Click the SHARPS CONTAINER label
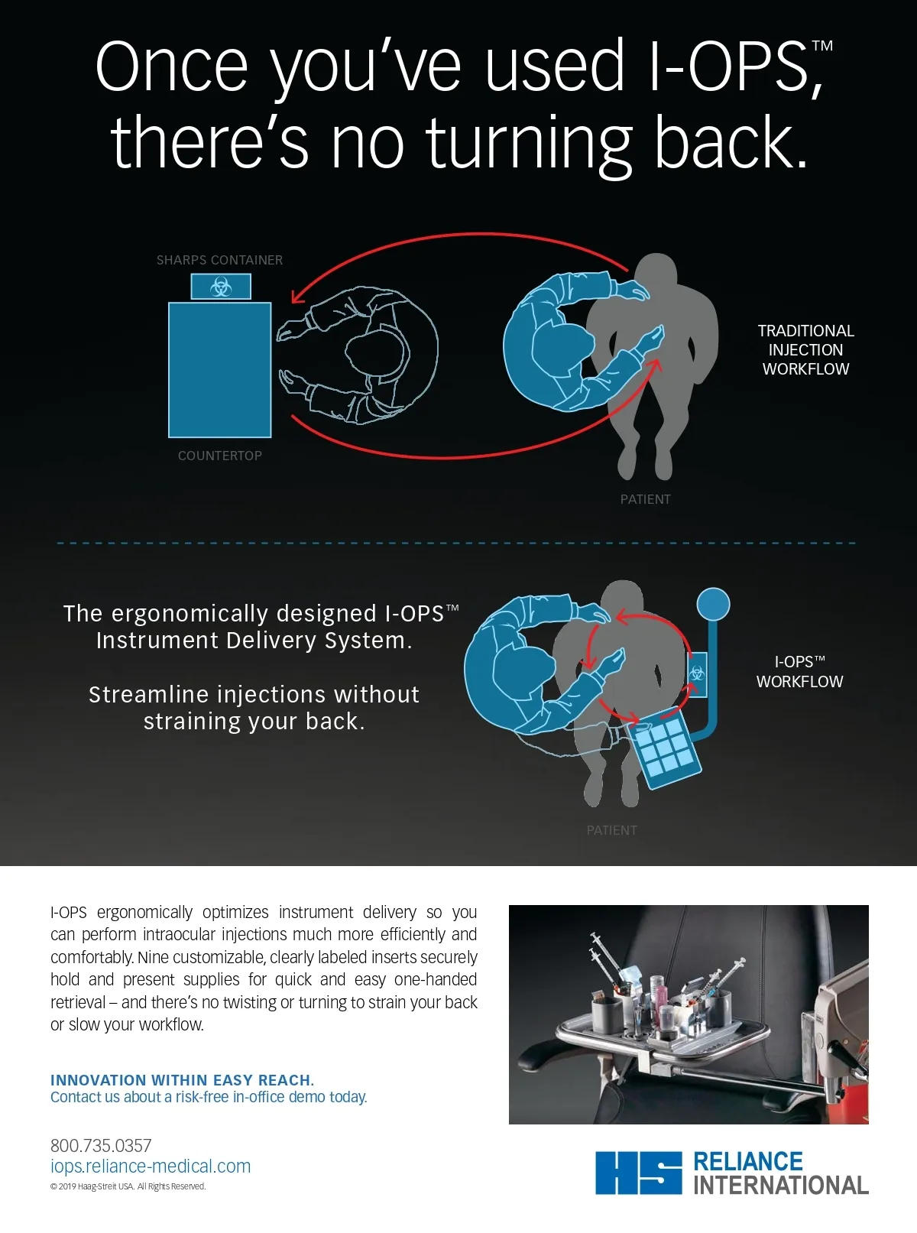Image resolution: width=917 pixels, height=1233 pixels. point(219,260)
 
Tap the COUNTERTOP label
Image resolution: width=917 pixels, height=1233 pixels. point(219,456)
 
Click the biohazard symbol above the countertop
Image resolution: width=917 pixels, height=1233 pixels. point(221,287)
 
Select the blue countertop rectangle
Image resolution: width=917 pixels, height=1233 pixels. point(219,370)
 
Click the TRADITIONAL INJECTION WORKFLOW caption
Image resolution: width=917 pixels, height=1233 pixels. point(806,349)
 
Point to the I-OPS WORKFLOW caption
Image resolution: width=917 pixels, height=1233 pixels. point(800,671)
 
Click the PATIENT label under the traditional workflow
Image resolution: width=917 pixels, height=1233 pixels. point(645,499)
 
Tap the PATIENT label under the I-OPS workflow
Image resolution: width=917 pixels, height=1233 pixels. point(612,830)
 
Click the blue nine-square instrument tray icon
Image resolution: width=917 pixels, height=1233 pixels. point(665,747)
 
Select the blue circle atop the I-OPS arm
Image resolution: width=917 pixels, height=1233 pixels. point(713,605)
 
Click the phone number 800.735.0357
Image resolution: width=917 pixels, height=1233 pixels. point(101,1145)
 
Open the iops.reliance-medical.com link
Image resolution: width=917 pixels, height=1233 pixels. point(151,1166)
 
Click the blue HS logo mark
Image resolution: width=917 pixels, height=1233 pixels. point(639,1173)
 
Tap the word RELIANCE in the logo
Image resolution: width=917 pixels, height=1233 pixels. point(748,1161)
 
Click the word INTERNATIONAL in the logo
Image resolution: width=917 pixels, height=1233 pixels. point(781,1185)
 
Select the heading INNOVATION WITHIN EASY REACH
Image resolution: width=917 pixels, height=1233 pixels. point(183,1079)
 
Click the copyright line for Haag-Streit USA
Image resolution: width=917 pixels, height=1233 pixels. point(128,1186)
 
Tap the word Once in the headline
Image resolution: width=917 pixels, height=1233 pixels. point(172,66)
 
